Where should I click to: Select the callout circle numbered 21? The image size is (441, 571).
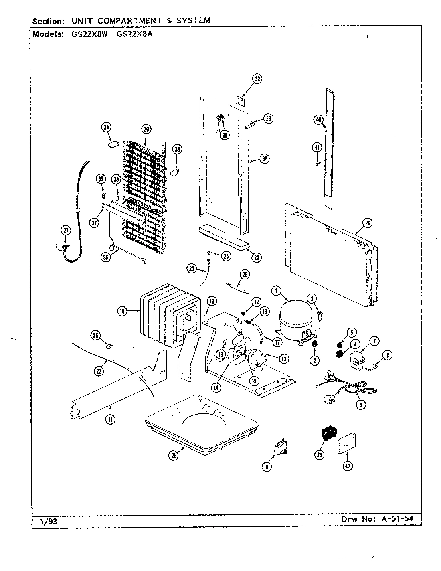[174, 455]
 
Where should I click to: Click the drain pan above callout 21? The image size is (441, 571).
[200, 421]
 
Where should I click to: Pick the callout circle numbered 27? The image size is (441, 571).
[66, 230]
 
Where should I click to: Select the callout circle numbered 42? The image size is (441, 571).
[348, 466]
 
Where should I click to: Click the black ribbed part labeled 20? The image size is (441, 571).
[328, 434]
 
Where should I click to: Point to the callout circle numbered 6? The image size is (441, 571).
[267, 466]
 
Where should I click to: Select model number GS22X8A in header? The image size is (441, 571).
[134, 34]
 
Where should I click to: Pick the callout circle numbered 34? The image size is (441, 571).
[106, 128]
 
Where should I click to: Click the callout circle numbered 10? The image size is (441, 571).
[122, 310]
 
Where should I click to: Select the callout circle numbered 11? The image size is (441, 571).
[109, 420]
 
